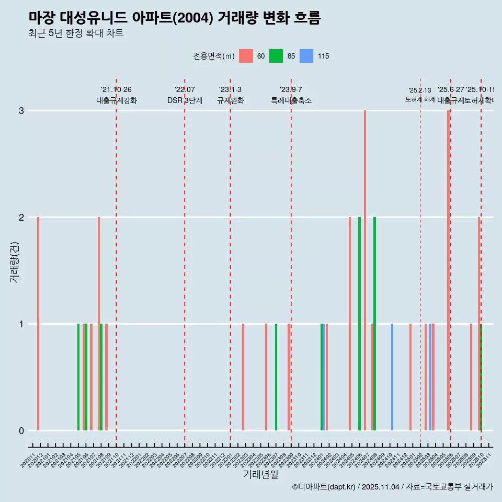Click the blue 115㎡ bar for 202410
392,377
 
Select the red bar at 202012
38,324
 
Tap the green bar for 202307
276,377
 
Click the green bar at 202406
359,324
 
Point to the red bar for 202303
243,377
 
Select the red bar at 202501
410,377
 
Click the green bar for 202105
78,377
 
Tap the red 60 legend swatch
246,56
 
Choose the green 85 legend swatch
276,56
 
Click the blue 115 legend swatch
306,56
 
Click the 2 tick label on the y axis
21,218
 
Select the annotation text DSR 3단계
185,101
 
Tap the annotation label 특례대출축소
291,101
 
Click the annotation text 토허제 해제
420,99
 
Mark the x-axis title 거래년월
260,474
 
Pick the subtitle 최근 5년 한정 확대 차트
76,33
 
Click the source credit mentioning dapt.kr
392,487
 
